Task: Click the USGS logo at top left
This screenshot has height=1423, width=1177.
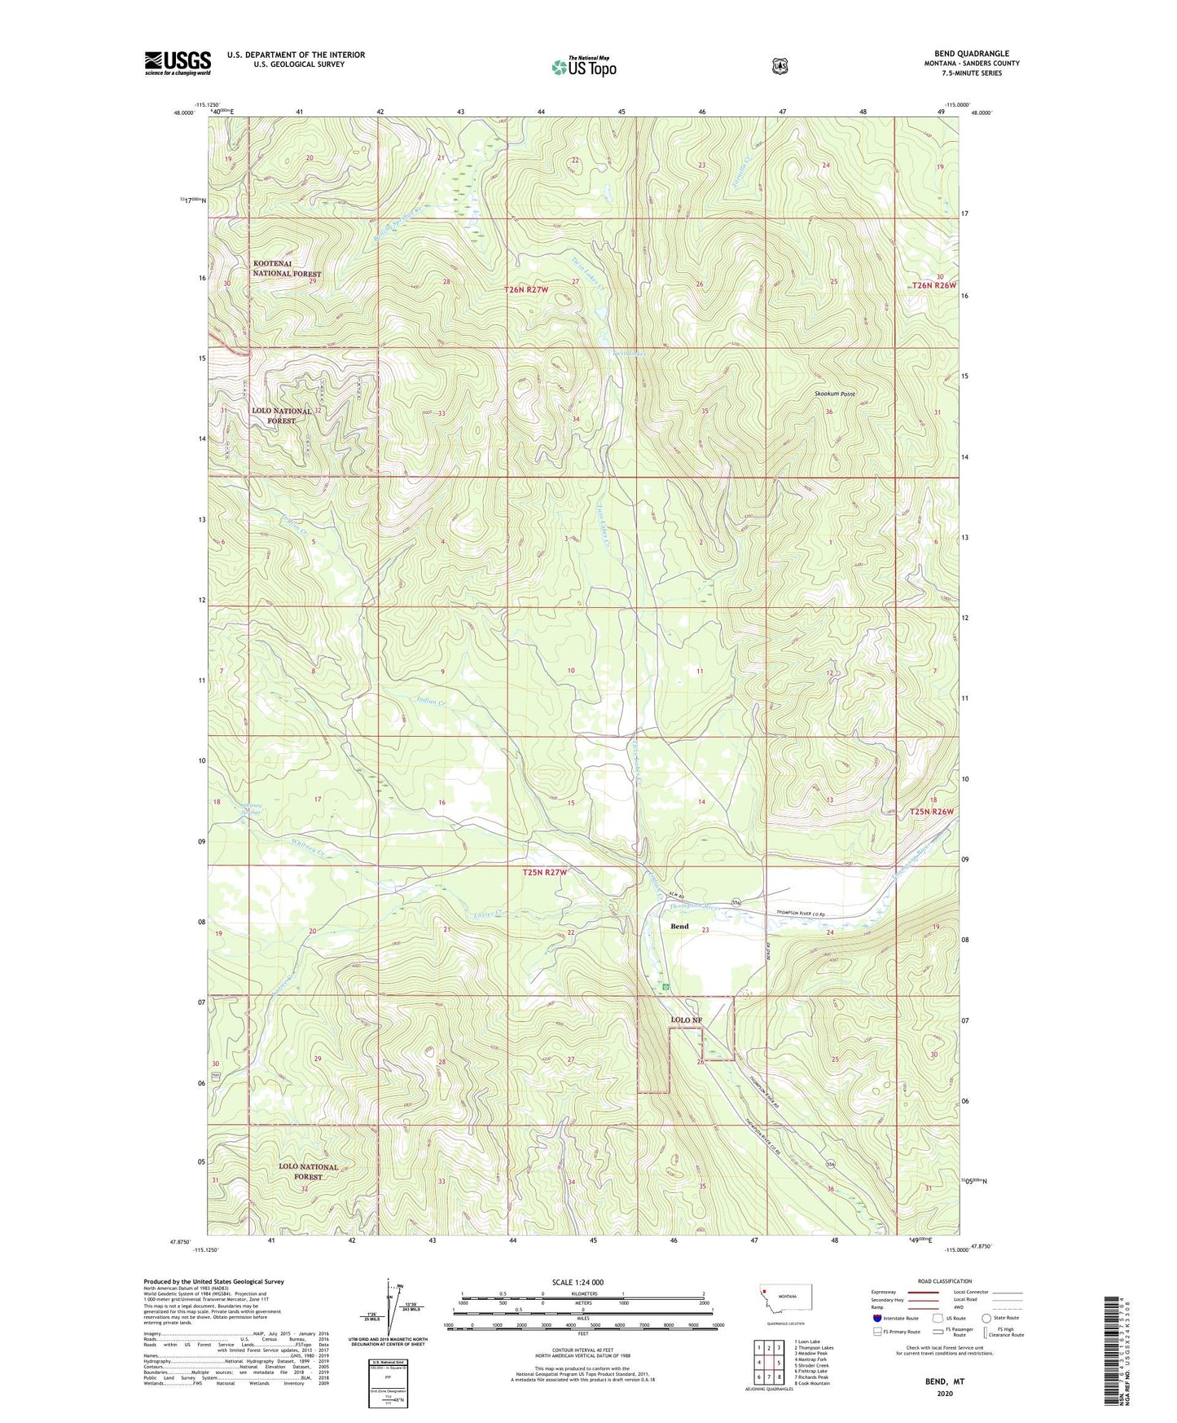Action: pyautogui.click(x=178, y=63)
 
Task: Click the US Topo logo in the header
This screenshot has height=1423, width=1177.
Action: pyautogui.click(x=583, y=67)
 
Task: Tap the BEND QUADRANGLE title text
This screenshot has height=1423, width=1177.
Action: pyautogui.click(x=972, y=54)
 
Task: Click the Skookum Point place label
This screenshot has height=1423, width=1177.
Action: pyautogui.click(x=835, y=394)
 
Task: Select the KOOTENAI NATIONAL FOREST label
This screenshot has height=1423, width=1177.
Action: pyautogui.click(x=287, y=269)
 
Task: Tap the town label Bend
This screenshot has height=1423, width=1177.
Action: pyautogui.click(x=679, y=926)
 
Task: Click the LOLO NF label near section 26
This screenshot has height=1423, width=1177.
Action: pyautogui.click(x=685, y=1020)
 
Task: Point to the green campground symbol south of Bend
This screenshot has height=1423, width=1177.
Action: pyautogui.click(x=666, y=986)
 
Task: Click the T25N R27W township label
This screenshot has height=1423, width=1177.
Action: pyautogui.click(x=544, y=872)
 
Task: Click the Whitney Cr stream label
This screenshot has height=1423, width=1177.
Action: pyautogui.click(x=310, y=848)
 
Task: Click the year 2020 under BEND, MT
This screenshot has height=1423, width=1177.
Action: pyautogui.click(x=945, y=1393)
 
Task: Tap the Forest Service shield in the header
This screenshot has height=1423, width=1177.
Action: pyautogui.click(x=780, y=66)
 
